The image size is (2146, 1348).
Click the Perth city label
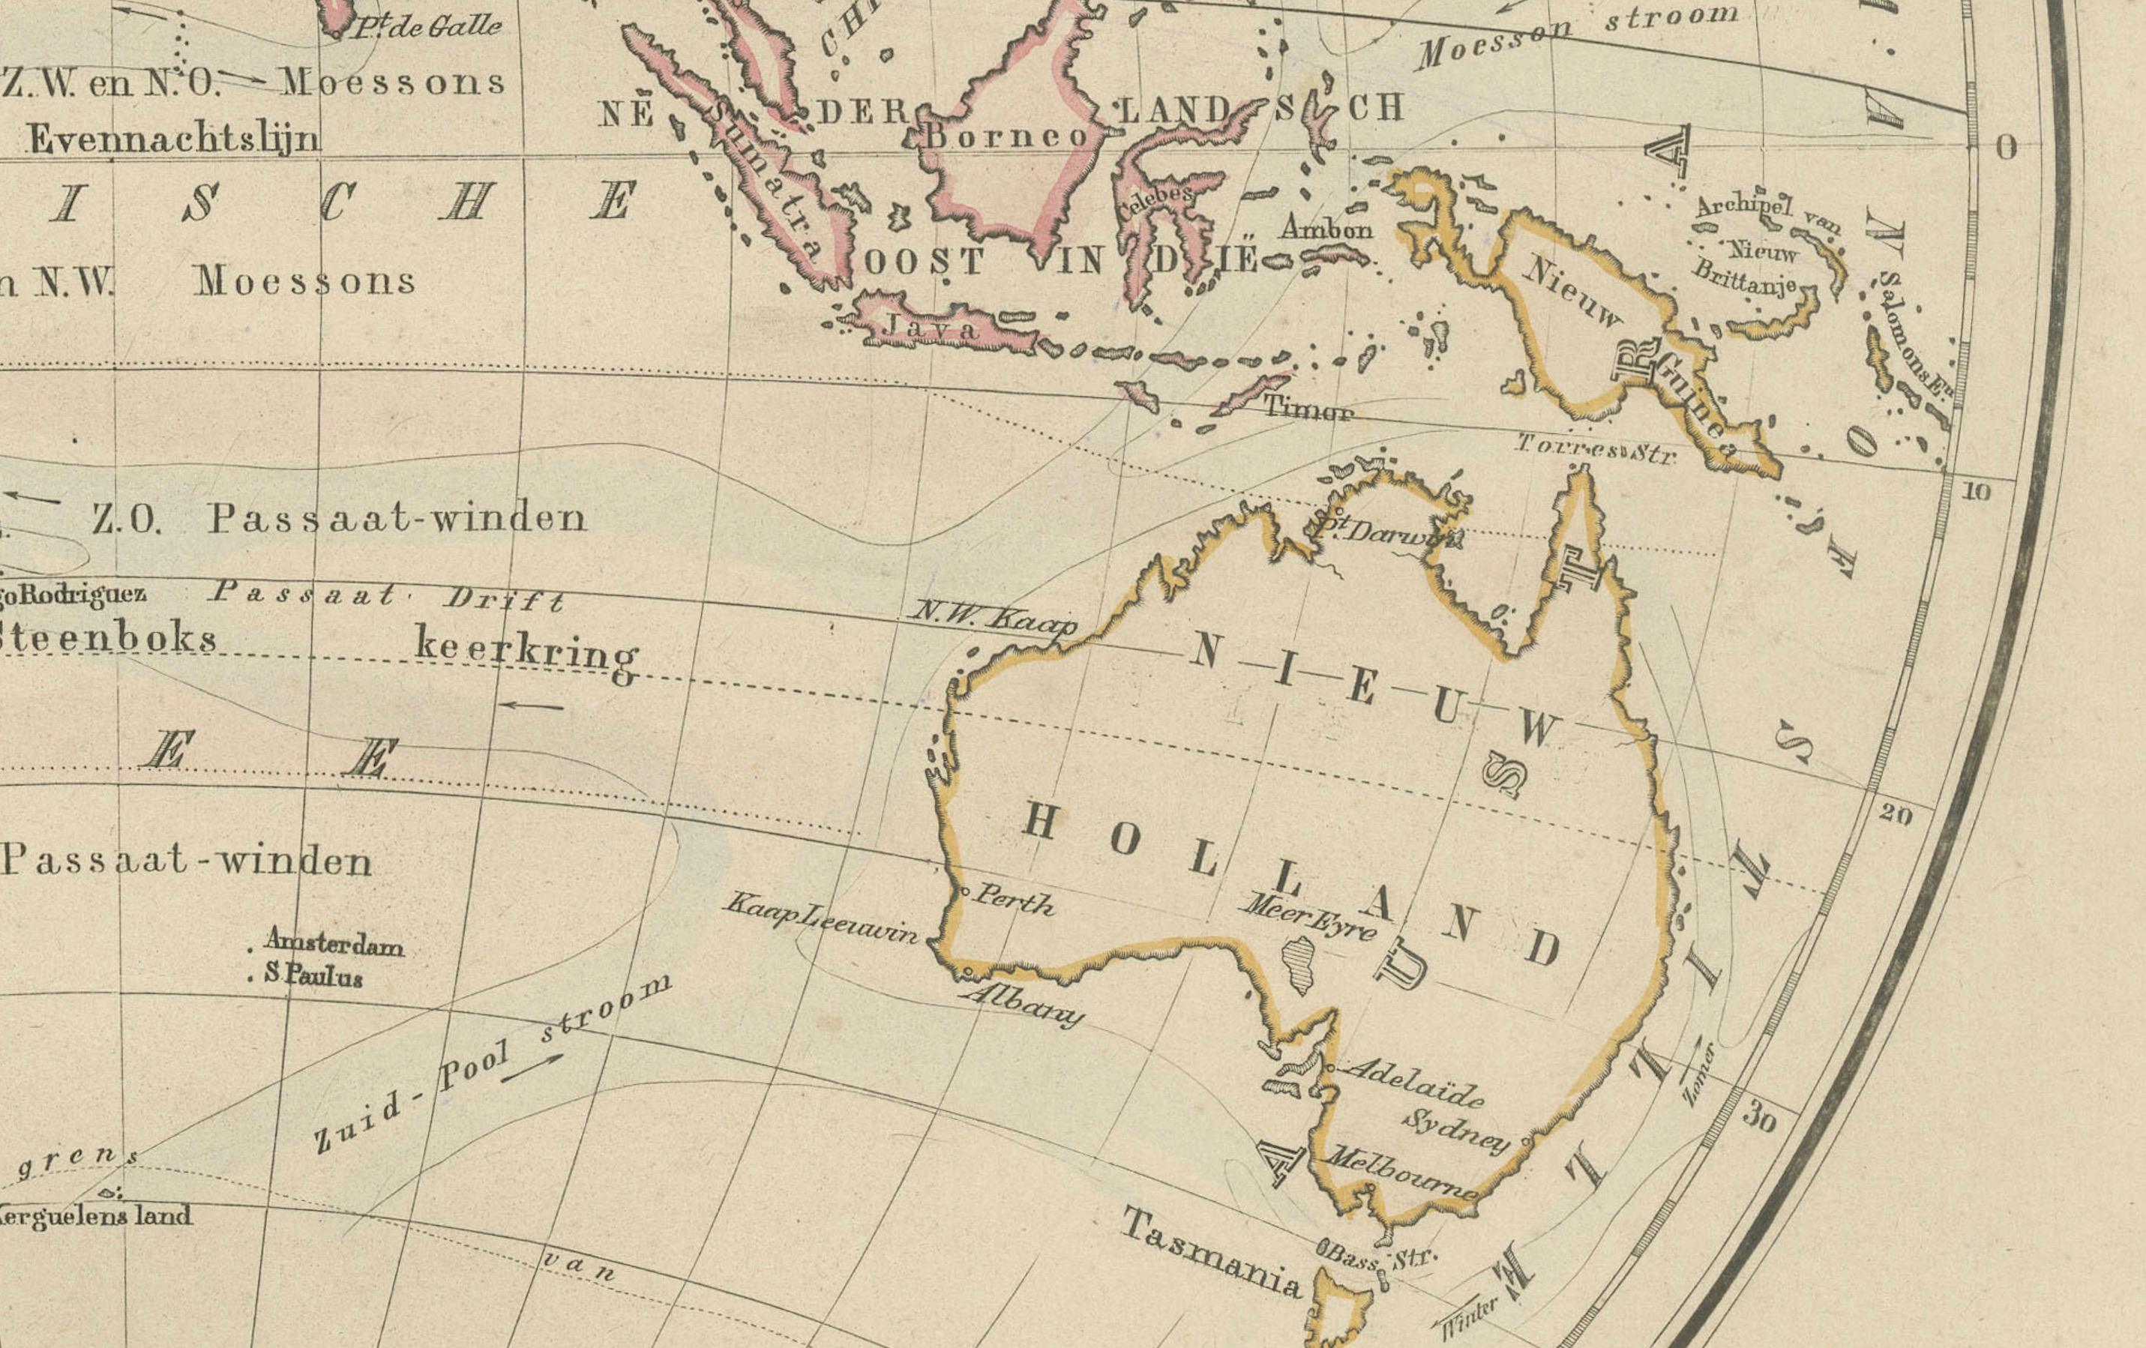1012,900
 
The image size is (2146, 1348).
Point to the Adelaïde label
1413,1080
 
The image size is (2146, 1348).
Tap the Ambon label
1326,229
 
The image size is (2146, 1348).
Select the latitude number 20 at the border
1896,813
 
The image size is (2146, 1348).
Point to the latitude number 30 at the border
1758,1118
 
